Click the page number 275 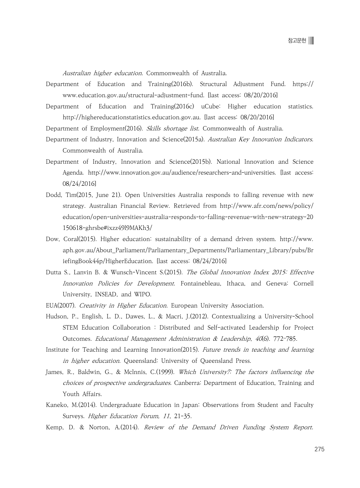(319, 449)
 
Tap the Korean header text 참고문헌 (297, 41)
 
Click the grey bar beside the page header (311, 41)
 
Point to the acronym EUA (51, 306)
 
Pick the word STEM (70, 328)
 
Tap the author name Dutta (54, 272)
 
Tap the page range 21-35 (183, 416)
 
